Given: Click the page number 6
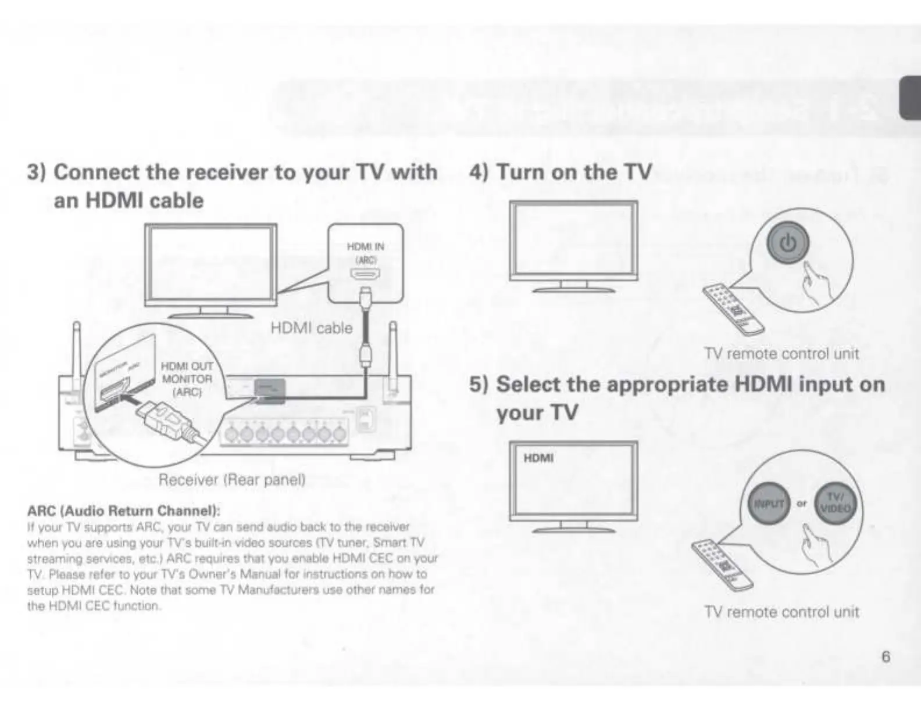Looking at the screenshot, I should click(x=886, y=656).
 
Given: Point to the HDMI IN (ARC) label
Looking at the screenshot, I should click(x=365, y=253).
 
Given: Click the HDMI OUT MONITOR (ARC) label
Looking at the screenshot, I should click(x=187, y=379).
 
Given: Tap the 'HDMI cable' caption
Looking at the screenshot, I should click(x=312, y=328).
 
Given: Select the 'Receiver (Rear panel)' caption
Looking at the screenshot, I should click(x=232, y=480).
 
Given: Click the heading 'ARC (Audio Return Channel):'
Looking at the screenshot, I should click(x=124, y=511).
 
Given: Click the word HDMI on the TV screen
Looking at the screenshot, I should click(x=538, y=458).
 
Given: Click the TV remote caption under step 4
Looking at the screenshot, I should click(x=781, y=354).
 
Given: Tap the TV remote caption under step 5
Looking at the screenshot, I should click(x=781, y=612).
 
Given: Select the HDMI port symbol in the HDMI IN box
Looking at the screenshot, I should click(x=365, y=274).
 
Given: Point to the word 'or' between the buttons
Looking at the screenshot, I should click(x=802, y=504).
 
